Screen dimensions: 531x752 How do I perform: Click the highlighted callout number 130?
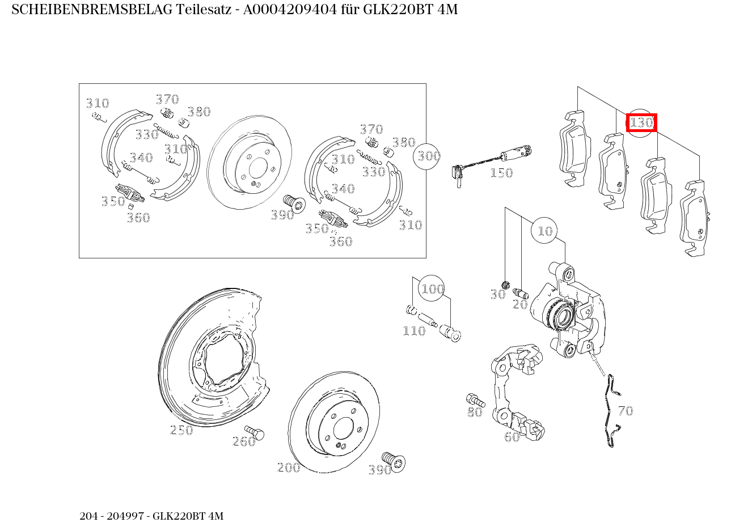[641, 122]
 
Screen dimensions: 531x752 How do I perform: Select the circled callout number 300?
[429, 155]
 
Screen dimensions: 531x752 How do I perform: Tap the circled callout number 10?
[545, 231]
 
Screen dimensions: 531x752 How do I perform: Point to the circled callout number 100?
[432, 289]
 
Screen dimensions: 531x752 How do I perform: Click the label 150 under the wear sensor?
[501, 173]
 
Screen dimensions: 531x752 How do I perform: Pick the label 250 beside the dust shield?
[181, 430]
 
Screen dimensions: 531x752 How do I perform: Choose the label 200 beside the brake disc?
[289, 468]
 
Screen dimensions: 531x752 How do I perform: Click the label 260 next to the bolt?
[244, 441]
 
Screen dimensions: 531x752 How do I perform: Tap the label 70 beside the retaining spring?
[625, 411]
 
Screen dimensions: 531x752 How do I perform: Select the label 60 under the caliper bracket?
[512, 437]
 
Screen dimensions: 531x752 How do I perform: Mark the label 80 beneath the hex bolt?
[475, 412]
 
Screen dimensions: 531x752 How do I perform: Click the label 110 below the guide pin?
[414, 331]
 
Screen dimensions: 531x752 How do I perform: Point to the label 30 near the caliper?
[497, 294]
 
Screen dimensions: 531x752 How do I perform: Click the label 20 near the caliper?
[520, 304]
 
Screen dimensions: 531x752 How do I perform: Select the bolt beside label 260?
[255, 433]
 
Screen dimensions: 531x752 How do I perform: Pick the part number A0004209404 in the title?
[291, 10]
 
